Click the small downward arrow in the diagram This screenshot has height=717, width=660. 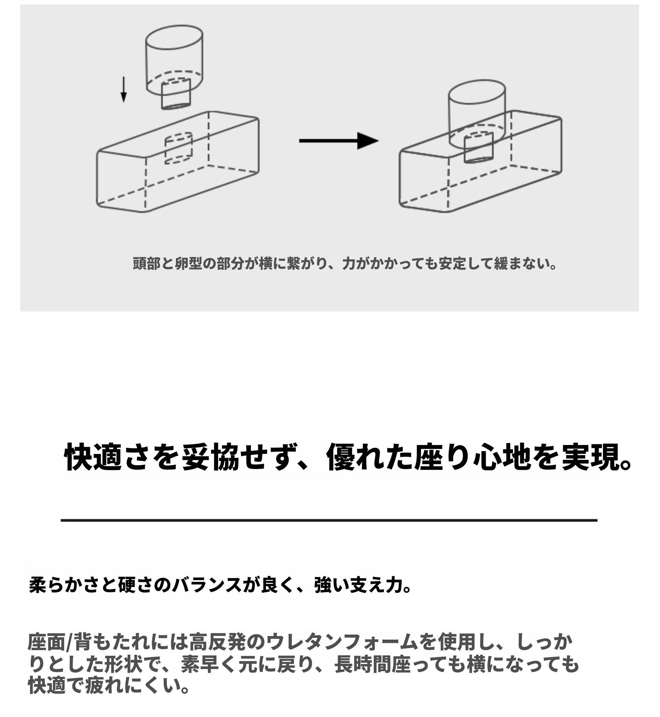[124, 89]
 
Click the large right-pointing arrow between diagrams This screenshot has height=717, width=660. [338, 141]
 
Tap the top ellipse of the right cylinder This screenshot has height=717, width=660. [477, 92]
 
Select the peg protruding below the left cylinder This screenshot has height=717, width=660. [176, 94]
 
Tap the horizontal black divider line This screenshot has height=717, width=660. [329, 521]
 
